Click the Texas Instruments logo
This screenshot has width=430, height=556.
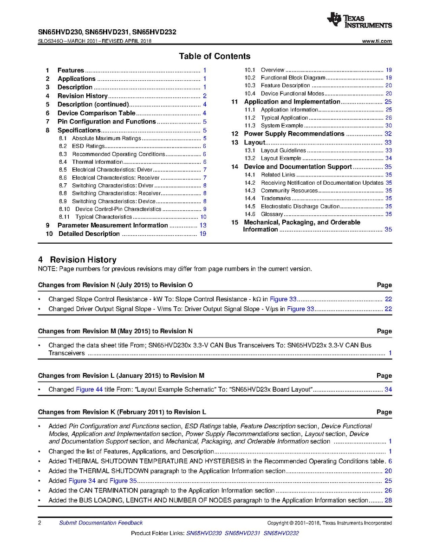pyautogui.click(x=359, y=20)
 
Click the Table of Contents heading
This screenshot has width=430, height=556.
pyautogui.click(x=215, y=56)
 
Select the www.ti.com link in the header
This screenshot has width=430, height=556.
pyautogui.click(x=377, y=41)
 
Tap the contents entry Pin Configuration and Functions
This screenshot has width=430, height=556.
pyautogui.click(x=106, y=122)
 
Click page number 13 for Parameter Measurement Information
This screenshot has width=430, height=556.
pyautogui.click(x=203, y=225)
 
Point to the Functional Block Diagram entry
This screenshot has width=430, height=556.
pyautogui.click(x=293, y=78)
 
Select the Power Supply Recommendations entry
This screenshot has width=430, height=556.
pyautogui.click(x=294, y=134)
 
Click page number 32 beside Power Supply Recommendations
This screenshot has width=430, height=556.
pyautogui.click(x=388, y=134)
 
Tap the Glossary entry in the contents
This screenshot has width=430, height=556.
pyautogui.click(x=272, y=214)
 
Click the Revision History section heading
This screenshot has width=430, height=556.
pyautogui.click(x=77, y=260)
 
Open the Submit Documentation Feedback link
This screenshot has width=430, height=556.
pyautogui.click(x=101, y=523)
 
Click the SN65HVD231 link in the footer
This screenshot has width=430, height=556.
pyautogui.click(x=242, y=533)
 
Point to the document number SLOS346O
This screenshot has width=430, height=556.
pyautogui.click(x=52, y=41)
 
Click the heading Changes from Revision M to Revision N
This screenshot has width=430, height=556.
pyautogui.click(x=115, y=331)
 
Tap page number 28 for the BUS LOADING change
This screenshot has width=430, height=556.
pyautogui.click(x=388, y=500)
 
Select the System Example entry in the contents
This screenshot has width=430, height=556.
pyautogui.click(x=282, y=126)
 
